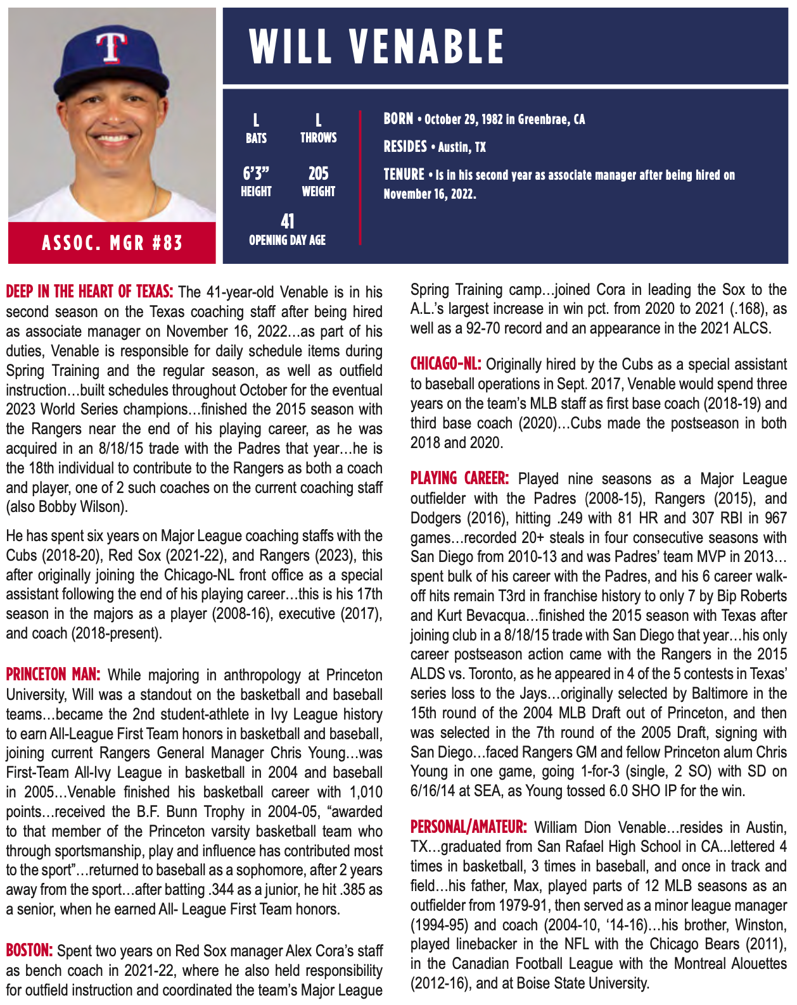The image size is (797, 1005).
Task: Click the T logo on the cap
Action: point(111,47)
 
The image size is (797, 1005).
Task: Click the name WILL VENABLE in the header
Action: point(376,46)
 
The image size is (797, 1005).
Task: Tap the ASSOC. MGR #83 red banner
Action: point(112,242)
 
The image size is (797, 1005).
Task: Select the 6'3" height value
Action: point(256,173)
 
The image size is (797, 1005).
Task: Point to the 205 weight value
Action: point(318,173)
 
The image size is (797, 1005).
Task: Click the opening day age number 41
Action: point(288,222)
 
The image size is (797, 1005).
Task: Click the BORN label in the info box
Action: point(398,119)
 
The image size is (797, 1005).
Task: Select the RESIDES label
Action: point(405,147)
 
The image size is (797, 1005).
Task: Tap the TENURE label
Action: point(404,175)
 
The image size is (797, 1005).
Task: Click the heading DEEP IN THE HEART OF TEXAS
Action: point(89,292)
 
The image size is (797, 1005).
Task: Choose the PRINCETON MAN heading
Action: point(53,675)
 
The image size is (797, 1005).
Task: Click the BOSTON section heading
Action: point(29,951)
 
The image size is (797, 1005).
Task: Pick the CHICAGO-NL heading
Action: point(445,364)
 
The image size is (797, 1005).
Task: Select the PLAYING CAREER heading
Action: point(459,478)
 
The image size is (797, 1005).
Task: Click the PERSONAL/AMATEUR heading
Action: point(468,827)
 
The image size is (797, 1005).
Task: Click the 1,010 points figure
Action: point(366,792)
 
